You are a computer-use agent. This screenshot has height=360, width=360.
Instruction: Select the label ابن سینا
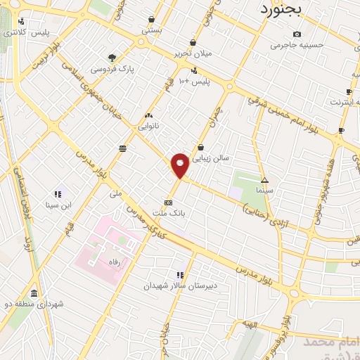pyautogui.click(x=59, y=205)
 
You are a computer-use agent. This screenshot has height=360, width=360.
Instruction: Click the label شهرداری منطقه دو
pyautogui.click(x=34, y=304)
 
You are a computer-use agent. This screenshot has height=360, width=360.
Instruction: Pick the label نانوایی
pyautogui.click(x=149, y=127)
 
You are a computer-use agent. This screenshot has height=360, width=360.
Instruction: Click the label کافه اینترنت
pyautogui.click(x=344, y=103)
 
